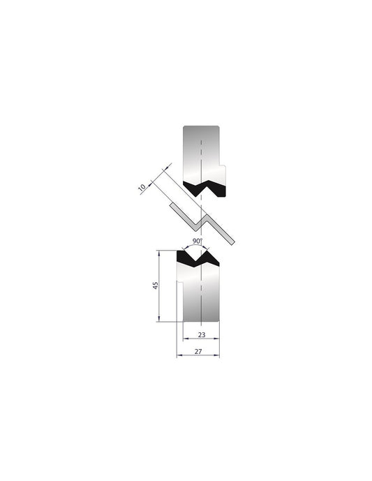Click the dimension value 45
click(x=156, y=286)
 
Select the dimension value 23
click(x=201, y=334)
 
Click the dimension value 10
click(x=142, y=188)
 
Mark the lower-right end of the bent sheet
click(x=233, y=242)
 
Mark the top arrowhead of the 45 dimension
click(x=161, y=253)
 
